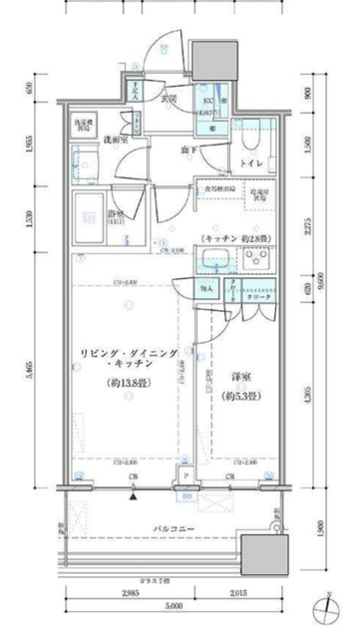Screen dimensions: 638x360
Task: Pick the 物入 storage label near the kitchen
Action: pos(207,289)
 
